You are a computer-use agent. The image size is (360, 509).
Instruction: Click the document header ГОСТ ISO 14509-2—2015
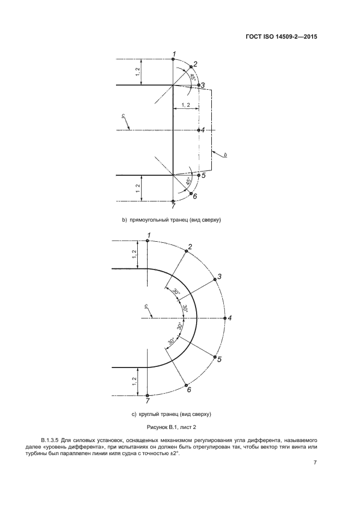281,36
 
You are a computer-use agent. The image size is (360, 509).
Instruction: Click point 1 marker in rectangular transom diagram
173,59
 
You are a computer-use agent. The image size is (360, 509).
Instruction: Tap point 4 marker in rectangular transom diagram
199,130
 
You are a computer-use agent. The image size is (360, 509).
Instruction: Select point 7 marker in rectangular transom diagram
173,201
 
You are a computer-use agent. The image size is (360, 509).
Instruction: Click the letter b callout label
225,155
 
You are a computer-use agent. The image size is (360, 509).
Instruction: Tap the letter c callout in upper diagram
123,115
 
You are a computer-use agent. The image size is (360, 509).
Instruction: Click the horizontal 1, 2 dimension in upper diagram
186,105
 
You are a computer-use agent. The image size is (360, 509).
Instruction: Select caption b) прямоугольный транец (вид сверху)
172,220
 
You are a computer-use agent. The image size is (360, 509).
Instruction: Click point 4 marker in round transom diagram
225,318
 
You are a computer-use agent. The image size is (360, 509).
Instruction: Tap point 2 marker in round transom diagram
186,251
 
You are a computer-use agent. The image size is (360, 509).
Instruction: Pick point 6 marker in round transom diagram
186,385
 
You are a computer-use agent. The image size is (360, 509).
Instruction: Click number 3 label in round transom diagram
220,276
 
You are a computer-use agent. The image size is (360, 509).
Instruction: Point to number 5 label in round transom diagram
220,359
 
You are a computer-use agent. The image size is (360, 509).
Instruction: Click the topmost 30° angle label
176,292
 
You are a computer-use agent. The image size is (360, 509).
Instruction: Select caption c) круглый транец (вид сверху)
172,414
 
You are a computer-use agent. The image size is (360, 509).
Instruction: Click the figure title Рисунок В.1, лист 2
172,427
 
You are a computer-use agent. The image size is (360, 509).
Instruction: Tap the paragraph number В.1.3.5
50,441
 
